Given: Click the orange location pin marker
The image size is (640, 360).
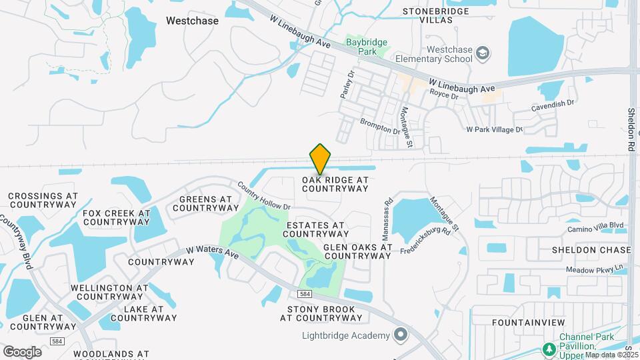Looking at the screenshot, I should tap(320, 159).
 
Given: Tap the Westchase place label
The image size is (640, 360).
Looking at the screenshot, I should tap(192, 21).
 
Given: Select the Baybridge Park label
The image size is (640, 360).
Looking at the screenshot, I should tap(366, 47).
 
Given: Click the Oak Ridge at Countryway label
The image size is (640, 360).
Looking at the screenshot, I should tap(335, 184).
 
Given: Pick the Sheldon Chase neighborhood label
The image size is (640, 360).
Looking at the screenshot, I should tap(591, 250).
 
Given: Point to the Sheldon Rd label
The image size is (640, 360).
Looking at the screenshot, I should tap(631, 128).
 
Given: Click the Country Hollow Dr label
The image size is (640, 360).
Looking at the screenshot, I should tap(265, 197).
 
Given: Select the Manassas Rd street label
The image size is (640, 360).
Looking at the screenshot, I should tap(387, 219).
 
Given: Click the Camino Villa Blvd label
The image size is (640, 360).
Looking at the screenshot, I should tap(595, 226).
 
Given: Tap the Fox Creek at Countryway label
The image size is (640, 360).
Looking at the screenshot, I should tap(116, 217).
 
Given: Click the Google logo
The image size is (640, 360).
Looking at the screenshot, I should tap(22, 351).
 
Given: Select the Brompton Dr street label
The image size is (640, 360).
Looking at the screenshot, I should tap(380, 125).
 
